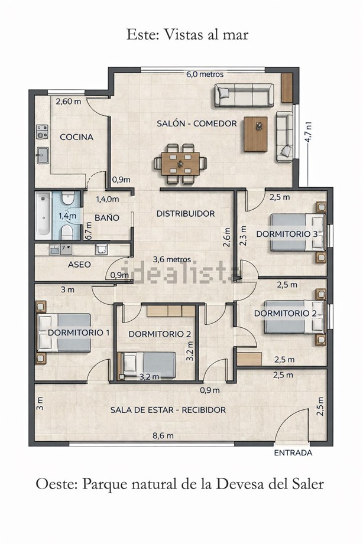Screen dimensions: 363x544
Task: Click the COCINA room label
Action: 76,137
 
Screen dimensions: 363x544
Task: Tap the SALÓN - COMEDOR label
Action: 197,123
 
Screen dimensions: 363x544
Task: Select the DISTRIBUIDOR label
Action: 186,213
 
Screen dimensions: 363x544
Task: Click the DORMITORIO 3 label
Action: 287,234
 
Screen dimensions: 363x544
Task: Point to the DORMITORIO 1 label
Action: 79,333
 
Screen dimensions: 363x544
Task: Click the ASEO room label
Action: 79,265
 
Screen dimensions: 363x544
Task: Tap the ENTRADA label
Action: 293,453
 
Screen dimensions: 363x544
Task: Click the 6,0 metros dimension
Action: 205,74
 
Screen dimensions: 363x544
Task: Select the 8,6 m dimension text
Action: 163,436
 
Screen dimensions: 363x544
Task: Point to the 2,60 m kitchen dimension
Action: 69,102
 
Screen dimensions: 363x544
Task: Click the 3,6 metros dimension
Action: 172,259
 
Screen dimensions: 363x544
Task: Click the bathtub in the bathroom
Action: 43,216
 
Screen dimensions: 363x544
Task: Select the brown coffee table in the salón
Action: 255,134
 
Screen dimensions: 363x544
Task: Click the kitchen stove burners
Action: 43,132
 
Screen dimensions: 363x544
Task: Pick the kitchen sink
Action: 43,155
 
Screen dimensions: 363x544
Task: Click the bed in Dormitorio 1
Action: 64,333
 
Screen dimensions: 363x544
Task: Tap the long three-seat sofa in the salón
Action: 244,95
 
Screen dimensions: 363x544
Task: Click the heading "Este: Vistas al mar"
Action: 187,35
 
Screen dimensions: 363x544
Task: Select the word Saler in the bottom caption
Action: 306,484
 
